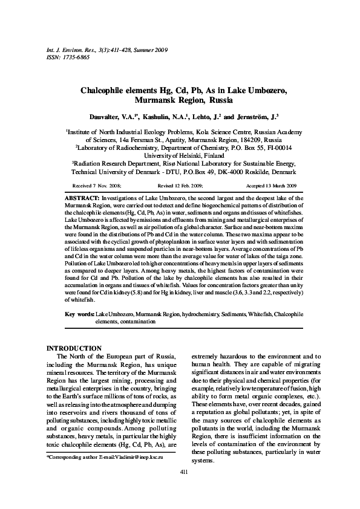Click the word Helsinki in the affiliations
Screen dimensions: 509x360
coord(188,154)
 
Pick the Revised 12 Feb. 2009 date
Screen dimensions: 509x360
coord(180,185)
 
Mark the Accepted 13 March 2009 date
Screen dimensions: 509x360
coord(270,185)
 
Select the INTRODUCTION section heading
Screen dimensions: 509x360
coord(74,348)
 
